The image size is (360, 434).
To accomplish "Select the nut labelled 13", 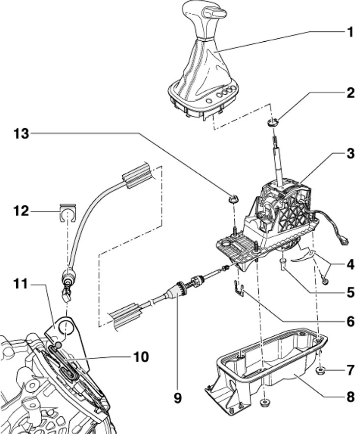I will (233, 198).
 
